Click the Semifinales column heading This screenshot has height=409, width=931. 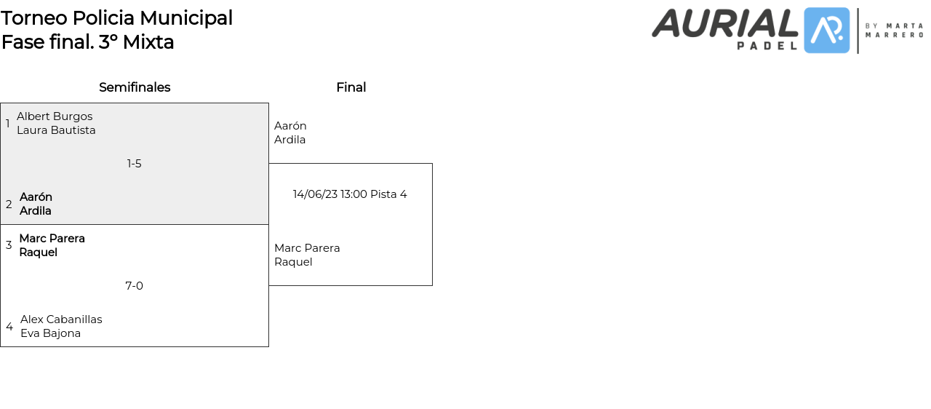(135, 87)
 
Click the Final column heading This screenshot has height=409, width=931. (351, 87)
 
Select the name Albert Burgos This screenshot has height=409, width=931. (55, 116)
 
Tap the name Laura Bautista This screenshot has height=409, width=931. (56, 130)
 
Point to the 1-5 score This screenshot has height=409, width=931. (135, 164)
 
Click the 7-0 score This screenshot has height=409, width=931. (135, 286)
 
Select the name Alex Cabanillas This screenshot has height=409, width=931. (61, 319)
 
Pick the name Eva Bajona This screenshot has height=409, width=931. (50, 333)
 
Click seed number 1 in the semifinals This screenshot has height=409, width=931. (8, 124)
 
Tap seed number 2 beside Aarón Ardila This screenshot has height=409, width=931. (9, 204)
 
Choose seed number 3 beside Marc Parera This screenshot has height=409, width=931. (9, 245)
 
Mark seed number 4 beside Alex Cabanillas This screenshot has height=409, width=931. (9, 327)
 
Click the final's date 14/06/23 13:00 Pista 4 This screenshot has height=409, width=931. (350, 194)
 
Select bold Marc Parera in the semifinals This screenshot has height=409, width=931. (52, 239)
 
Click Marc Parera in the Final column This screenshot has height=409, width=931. (307, 248)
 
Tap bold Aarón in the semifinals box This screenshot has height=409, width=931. (36, 197)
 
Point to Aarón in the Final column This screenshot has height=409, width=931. (290, 126)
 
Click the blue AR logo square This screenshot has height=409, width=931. (826, 31)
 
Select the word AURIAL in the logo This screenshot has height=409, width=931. (724, 23)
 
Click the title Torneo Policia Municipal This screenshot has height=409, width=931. (116, 18)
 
